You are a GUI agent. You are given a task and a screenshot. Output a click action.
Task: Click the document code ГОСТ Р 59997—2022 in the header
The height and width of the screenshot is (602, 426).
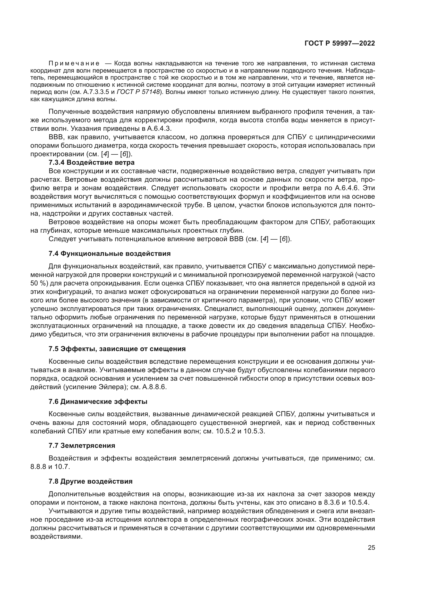tap(339, 43)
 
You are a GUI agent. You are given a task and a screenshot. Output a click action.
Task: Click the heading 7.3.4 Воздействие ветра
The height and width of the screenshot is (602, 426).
tap(91, 163)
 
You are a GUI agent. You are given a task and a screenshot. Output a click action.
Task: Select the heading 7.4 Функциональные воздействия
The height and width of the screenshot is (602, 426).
tap(110, 254)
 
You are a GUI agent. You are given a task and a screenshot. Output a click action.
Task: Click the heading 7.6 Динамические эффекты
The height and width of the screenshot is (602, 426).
tap(98, 402)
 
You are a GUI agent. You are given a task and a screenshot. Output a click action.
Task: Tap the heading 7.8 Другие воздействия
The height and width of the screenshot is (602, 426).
tap(90, 481)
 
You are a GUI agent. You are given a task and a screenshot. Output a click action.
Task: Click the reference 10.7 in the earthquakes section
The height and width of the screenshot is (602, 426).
tap(62, 467)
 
